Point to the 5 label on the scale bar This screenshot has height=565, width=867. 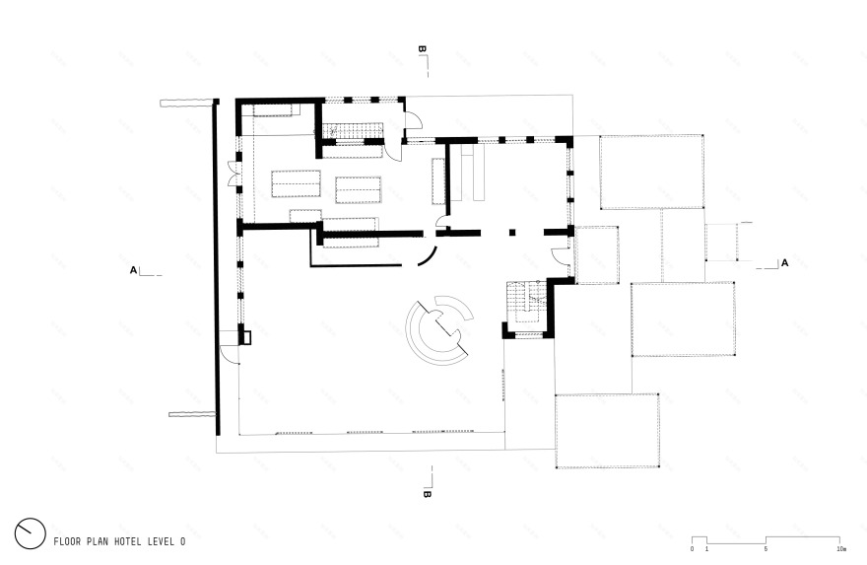click(766, 549)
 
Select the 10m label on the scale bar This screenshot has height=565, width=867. click(841, 549)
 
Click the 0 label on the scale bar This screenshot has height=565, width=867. click(692, 549)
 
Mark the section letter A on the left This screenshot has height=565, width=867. click(133, 270)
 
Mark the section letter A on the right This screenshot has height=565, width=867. click(784, 263)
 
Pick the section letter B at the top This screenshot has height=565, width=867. click(422, 48)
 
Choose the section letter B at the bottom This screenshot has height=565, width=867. click(427, 494)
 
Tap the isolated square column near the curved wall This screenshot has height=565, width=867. click(512, 233)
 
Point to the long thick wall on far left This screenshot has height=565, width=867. click(217, 267)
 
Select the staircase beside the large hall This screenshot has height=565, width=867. click(527, 305)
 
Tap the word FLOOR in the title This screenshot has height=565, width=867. click(66, 541)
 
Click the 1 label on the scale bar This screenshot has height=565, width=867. click(706, 549)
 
